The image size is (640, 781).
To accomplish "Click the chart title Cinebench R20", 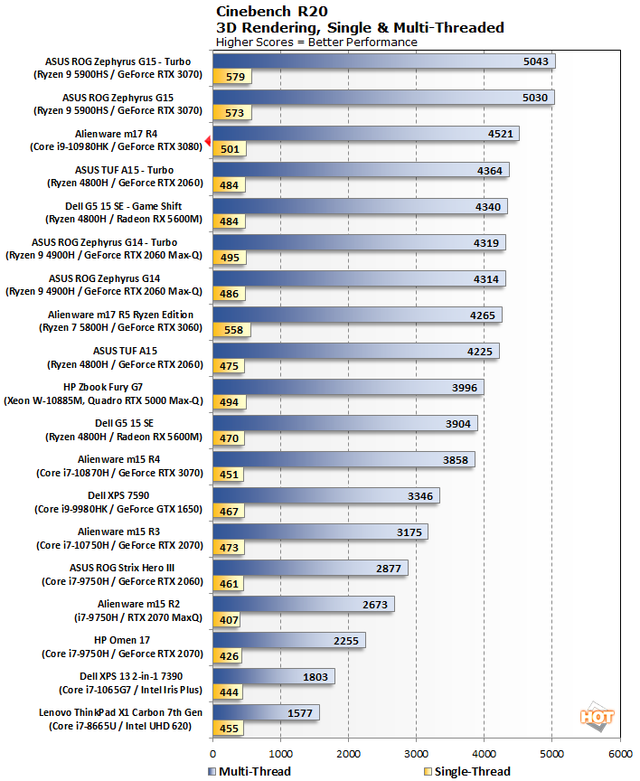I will tap(268, 12).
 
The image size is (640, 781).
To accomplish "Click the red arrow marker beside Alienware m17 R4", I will tap(208, 141).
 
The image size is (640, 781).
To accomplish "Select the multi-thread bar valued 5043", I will tap(383, 61).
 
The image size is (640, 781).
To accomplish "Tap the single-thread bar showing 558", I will tap(232, 330).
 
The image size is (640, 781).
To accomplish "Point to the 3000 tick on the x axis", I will tap(416, 751).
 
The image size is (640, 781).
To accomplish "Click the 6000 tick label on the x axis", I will tap(619, 751).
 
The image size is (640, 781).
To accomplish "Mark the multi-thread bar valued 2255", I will tap(288, 640).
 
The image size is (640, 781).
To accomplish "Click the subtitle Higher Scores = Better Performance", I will tap(317, 42).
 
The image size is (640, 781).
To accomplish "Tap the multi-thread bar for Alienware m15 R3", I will tap(319, 532).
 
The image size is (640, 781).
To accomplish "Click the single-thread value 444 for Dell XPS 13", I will tap(229, 692).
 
